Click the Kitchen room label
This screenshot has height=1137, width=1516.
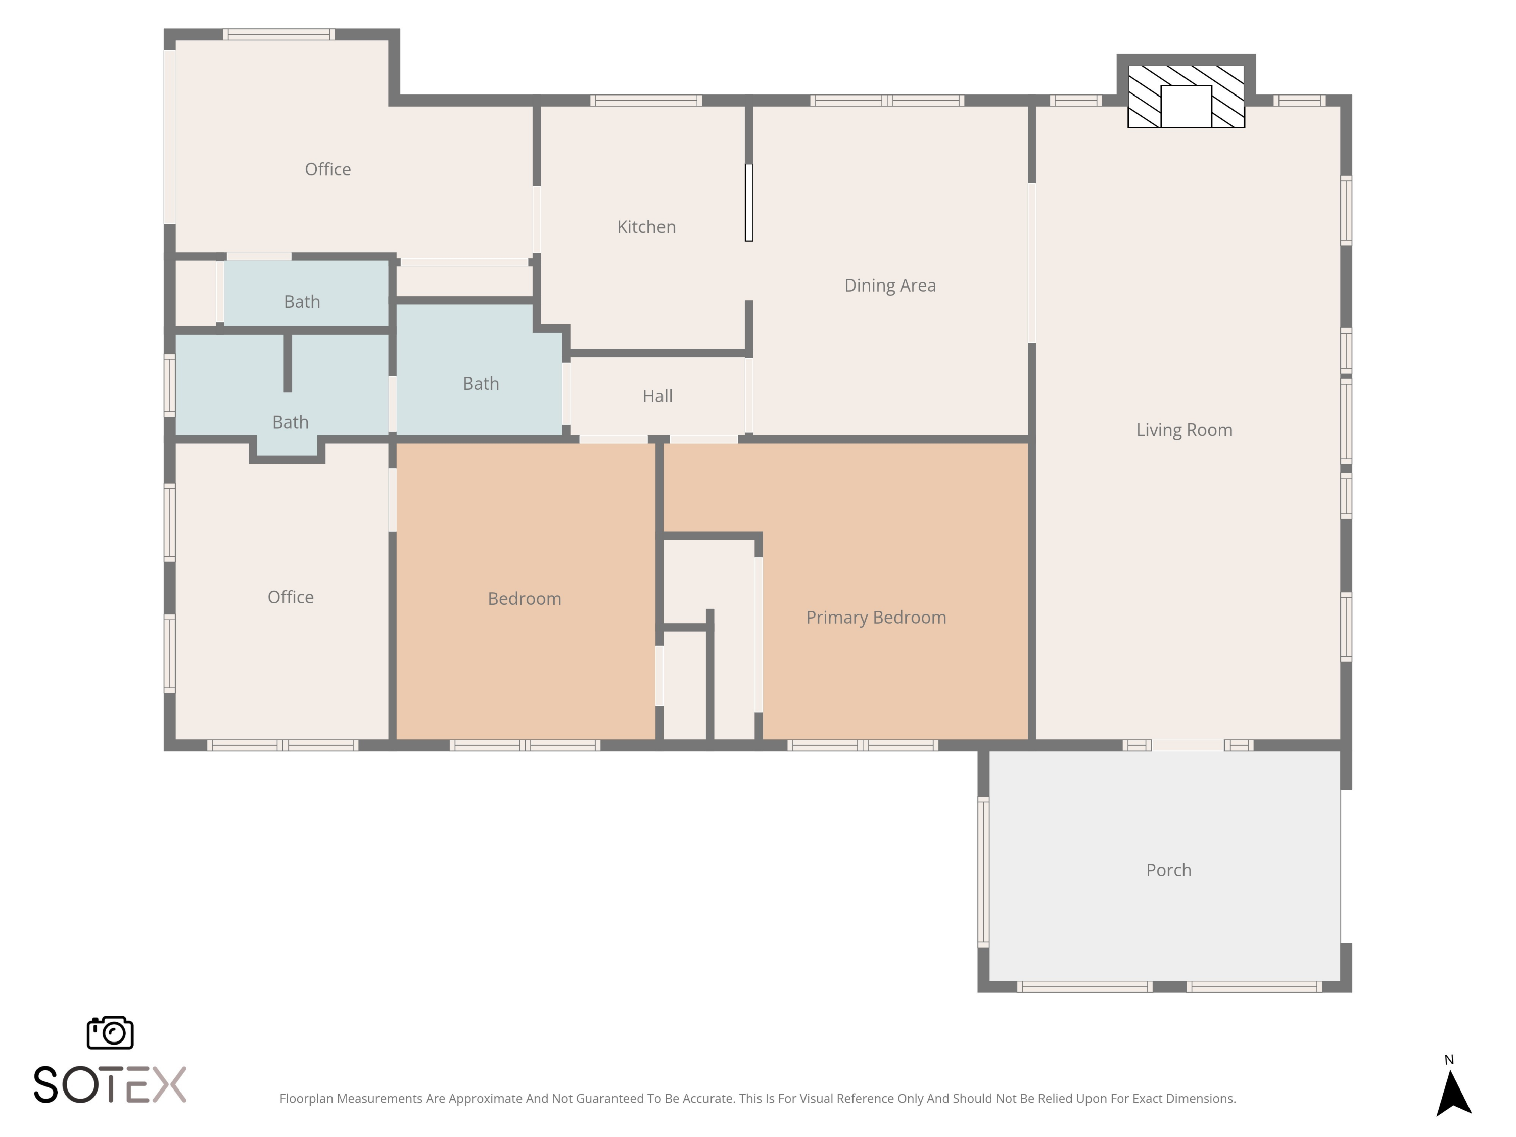click(x=646, y=227)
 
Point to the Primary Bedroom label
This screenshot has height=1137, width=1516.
click(x=876, y=618)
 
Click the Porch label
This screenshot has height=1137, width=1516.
click(x=1168, y=870)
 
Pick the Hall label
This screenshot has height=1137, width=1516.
click(x=657, y=396)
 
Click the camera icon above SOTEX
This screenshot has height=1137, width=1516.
click(x=110, y=1033)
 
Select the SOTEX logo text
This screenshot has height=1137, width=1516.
click(x=110, y=1084)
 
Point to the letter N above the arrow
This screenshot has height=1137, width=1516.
click(x=1449, y=1060)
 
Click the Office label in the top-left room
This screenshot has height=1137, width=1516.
click(x=327, y=169)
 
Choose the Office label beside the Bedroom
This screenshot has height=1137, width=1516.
click(x=291, y=597)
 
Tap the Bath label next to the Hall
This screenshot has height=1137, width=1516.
click(x=481, y=384)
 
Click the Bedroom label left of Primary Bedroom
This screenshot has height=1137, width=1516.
click(x=525, y=599)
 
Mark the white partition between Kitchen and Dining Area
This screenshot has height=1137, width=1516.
click(x=749, y=202)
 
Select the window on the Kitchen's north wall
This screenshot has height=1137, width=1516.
click(x=646, y=100)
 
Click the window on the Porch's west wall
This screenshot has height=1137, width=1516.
click(x=983, y=872)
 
